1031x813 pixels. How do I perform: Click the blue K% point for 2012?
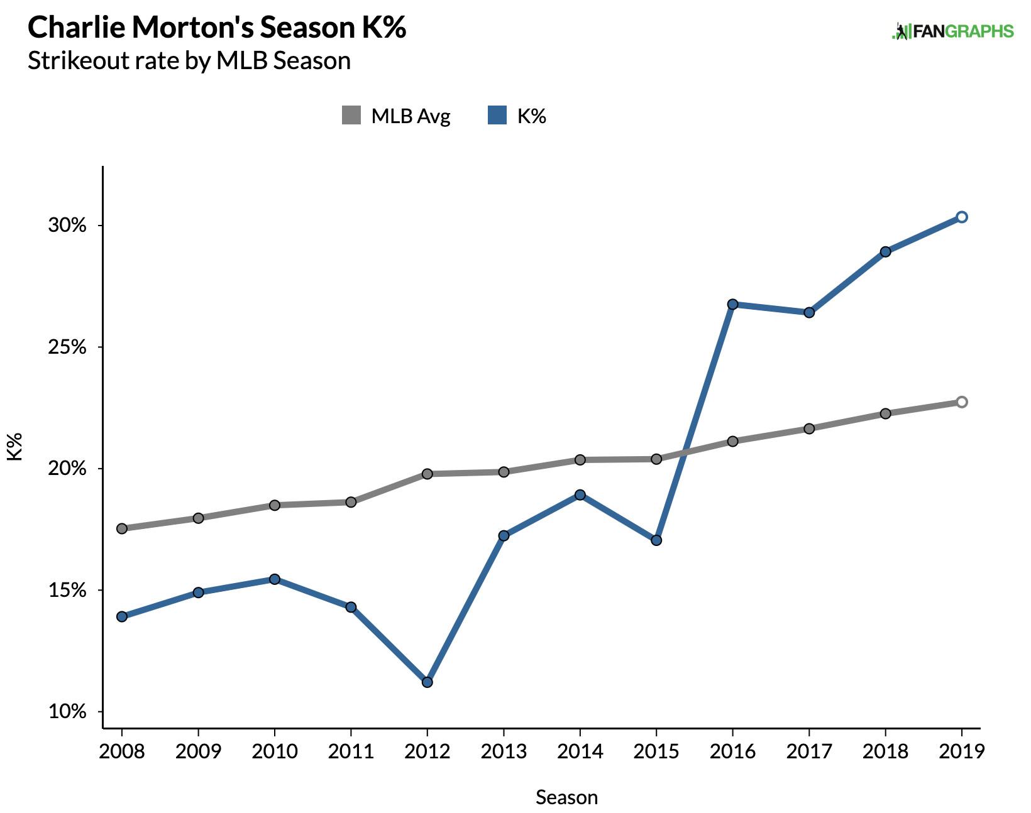(x=427, y=682)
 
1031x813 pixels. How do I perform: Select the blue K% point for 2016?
(x=732, y=304)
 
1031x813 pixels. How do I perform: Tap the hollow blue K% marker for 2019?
(x=961, y=217)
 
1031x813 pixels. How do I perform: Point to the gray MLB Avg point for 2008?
(x=122, y=528)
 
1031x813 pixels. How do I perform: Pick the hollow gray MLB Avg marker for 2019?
(x=961, y=402)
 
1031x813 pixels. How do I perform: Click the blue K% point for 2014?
(x=580, y=495)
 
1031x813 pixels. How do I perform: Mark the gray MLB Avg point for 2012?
(x=427, y=474)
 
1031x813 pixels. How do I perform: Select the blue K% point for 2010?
(x=275, y=579)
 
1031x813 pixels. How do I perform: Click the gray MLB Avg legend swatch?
(x=351, y=116)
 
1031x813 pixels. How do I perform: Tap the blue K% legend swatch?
(x=497, y=116)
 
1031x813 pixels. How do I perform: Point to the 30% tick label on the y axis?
(x=67, y=226)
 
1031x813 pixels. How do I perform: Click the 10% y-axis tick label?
(x=67, y=712)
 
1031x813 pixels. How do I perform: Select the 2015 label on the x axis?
(x=656, y=751)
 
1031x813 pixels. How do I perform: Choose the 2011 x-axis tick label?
(x=351, y=751)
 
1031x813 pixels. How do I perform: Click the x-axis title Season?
(x=566, y=797)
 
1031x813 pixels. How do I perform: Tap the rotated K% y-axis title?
(x=15, y=446)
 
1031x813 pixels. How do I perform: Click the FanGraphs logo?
(x=952, y=31)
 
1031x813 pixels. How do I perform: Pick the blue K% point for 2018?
(x=885, y=252)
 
